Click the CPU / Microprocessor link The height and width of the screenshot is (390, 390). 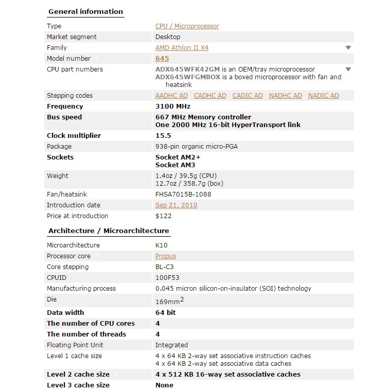[187, 26]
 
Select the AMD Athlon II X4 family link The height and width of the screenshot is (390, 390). [182, 48]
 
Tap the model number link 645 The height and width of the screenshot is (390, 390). [162, 59]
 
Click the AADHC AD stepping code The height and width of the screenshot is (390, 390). [171, 96]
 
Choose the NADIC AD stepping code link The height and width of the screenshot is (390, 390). [323, 96]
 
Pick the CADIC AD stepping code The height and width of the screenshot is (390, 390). [247, 96]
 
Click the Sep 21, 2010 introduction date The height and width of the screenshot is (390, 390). [176, 205]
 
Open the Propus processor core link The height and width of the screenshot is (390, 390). [166, 256]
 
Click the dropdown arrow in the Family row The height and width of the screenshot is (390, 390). [348, 48]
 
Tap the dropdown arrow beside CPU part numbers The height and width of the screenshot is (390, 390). [348, 69]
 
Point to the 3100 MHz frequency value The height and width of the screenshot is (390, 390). [173, 107]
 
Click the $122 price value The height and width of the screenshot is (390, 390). [164, 216]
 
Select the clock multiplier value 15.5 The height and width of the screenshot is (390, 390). [163, 136]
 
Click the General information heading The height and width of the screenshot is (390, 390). [85, 12]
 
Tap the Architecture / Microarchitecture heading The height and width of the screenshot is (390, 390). [109, 231]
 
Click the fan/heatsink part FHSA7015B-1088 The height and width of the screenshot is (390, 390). [183, 194]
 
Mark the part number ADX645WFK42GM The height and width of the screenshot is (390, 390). [187, 69]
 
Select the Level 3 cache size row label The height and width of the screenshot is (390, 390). [78, 385]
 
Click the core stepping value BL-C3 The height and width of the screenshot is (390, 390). [165, 267]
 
